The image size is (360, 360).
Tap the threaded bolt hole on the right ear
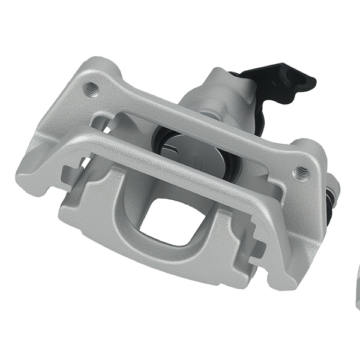pos(301,172)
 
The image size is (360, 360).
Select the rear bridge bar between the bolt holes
pos(198,129)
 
